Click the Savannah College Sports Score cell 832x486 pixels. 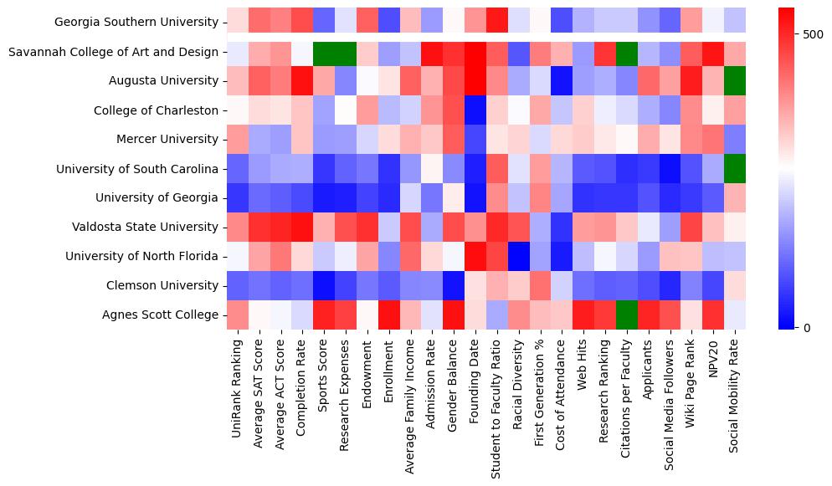pos(323,52)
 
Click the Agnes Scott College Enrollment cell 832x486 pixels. pos(388,315)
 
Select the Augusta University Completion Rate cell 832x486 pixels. pos(302,81)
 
